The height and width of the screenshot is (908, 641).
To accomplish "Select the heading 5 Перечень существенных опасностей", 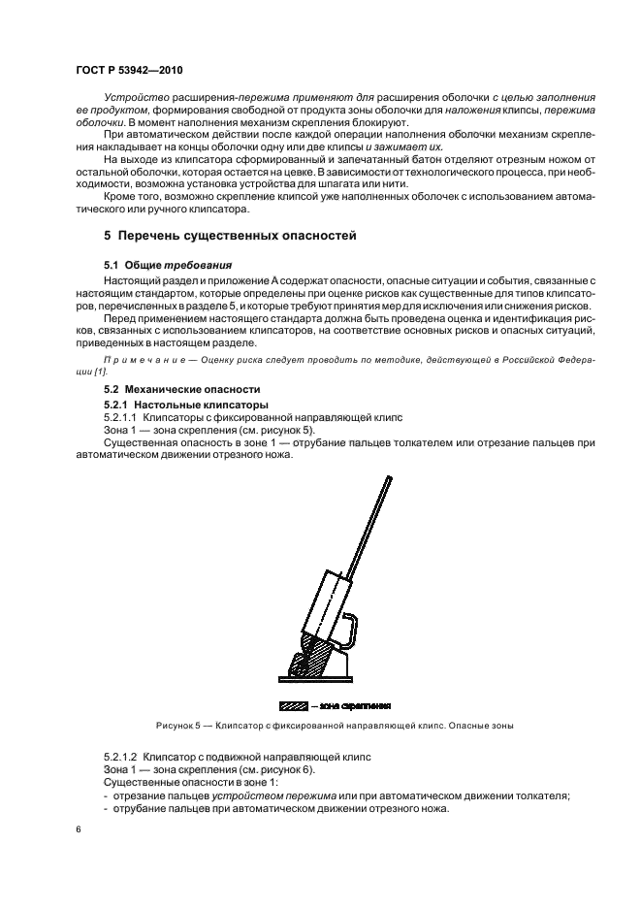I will (x=231, y=235).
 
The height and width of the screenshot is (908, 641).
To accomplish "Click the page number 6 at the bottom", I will (x=79, y=829).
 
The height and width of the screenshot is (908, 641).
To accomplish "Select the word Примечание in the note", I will (x=140, y=359).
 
